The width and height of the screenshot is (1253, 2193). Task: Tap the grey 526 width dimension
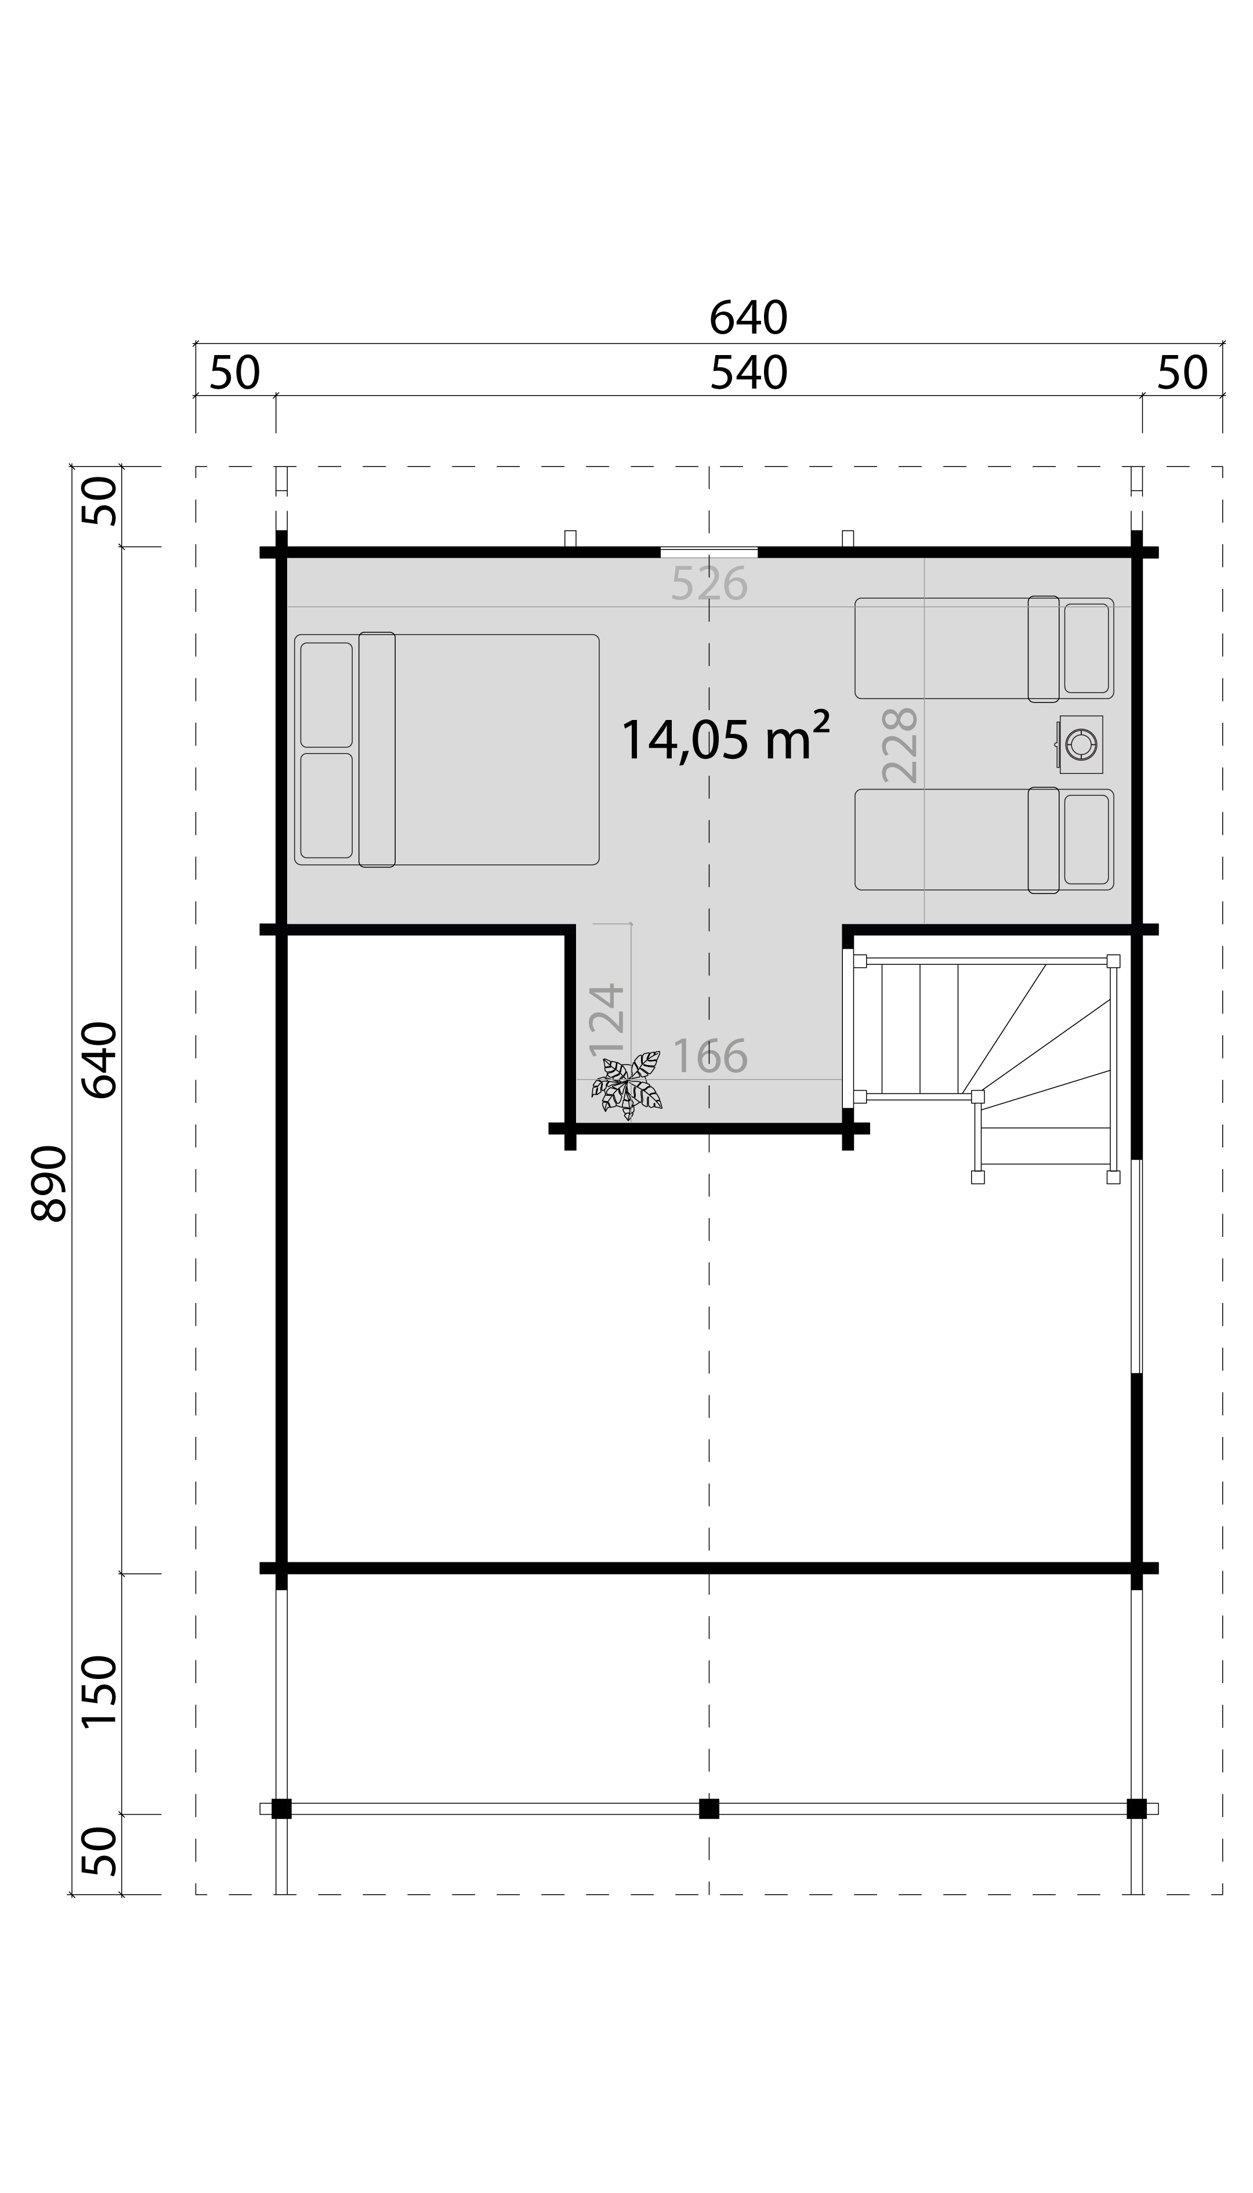pos(709,584)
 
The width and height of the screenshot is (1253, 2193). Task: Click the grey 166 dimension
pos(710,1056)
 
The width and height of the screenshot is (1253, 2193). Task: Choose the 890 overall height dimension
pos(49,1184)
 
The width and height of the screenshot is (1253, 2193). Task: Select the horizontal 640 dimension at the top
pos(749,319)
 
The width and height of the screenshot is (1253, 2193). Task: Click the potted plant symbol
pos(627,1086)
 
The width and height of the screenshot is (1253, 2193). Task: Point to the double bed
pos(447,750)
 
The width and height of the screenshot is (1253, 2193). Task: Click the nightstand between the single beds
pos(1080,744)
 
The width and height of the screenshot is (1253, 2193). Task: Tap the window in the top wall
pos(709,552)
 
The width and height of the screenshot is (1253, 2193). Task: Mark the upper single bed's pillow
pos(1086,648)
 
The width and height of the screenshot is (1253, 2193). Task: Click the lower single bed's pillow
pos(1086,839)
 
